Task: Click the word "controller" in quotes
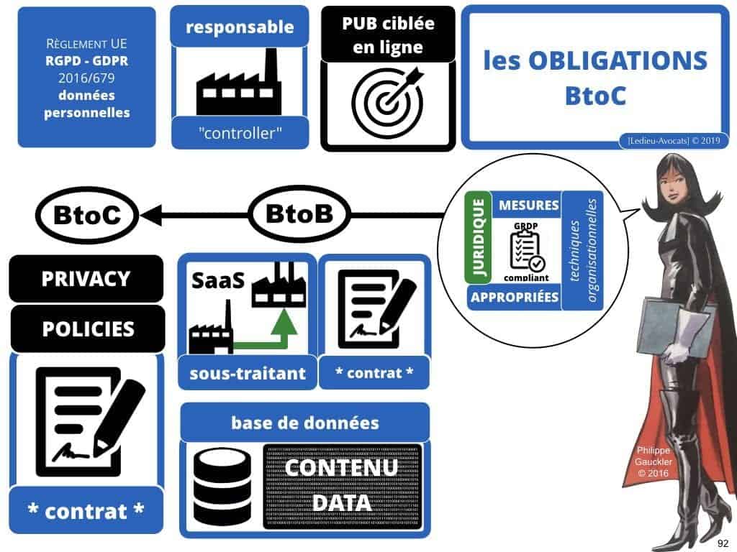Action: (240, 132)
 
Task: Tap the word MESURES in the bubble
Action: (528, 206)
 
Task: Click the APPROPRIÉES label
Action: (514, 296)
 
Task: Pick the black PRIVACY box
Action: (86, 278)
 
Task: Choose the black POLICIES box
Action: (88, 328)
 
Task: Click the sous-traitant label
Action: (248, 373)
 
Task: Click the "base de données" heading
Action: (304, 422)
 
